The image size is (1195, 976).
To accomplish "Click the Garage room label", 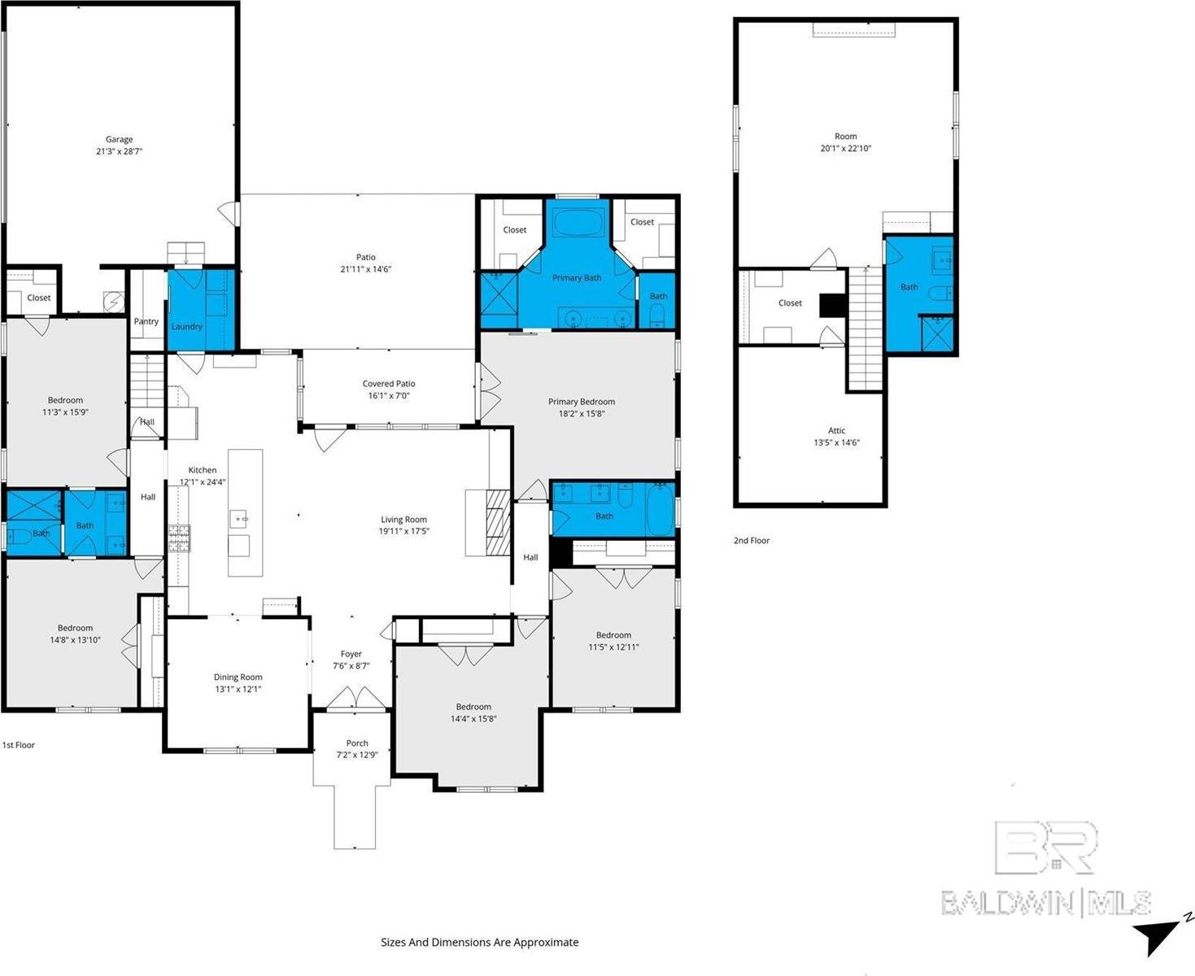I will tap(119, 139).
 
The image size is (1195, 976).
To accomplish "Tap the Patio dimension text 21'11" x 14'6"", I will tap(365, 269).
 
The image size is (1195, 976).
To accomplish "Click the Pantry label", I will tap(146, 321).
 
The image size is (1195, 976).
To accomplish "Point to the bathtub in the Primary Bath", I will tap(577, 221).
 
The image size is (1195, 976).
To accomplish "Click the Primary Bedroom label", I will tap(581, 401).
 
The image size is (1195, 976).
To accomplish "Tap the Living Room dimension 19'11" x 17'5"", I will tap(403, 531).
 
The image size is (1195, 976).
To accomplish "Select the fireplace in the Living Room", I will tap(497, 522).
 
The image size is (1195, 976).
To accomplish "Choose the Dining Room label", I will tap(238, 677).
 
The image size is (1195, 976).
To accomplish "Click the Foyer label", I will tap(351, 654).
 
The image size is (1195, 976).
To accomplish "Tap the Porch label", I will tap(357, 743).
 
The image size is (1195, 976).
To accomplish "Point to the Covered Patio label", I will tap(389, 384).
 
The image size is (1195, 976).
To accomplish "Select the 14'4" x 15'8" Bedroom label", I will tap(473, 707).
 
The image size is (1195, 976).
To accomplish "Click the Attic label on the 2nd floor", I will tap(836, 430).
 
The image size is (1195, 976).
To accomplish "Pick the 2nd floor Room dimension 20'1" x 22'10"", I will tap(846, 149).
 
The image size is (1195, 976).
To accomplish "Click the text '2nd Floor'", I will tap(751, 540).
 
